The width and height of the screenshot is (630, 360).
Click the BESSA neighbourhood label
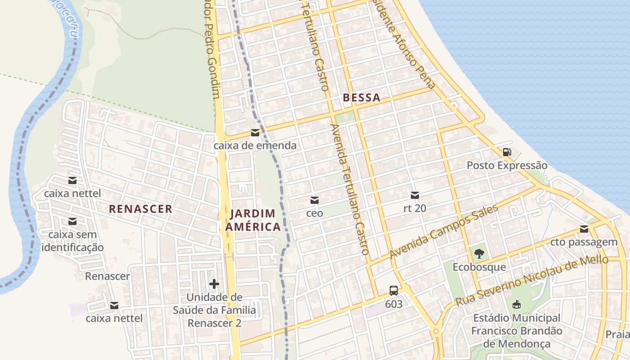(361, 97)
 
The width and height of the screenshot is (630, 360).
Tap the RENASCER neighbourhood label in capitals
(140, 209)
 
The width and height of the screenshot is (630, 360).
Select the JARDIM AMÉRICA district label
(253, 220)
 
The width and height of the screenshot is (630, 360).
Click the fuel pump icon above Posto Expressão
(507, 152)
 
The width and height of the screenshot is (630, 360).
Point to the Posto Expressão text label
(507, 166)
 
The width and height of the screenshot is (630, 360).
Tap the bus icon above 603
(393, 291)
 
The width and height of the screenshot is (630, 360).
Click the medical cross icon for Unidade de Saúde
(214, 284)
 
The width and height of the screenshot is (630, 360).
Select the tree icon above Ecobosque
(479, 253)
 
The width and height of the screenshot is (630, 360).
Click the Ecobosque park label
(479, 267)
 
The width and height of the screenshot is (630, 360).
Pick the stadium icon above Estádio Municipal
(517, 305)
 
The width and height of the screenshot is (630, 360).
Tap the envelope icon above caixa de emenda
(255, 133)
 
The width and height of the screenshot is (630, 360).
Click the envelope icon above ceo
(315, 200)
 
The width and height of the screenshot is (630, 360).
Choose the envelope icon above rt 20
(415, 195)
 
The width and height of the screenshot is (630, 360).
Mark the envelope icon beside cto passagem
(584, 229)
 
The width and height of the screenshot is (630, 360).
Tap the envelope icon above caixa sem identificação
(72, 221)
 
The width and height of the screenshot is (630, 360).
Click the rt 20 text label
(415, 208)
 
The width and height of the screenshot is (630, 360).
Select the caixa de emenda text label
(255, 145)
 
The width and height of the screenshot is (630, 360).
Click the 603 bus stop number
(393, 304)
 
